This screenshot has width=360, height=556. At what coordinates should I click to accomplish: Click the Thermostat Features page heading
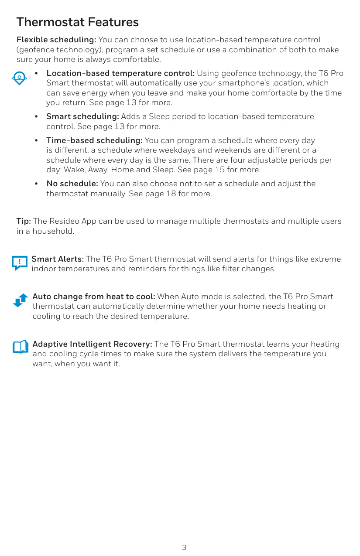(77, 22)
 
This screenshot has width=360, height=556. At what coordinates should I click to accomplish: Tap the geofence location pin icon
(19, 78)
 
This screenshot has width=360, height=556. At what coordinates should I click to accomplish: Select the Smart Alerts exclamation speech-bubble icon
(20, 263)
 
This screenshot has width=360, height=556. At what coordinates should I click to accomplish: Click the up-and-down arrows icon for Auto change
(21, 300)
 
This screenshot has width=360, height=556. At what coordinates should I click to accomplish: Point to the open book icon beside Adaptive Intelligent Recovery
(20, 347)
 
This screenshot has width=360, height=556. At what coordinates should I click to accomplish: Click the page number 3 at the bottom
(184, 547)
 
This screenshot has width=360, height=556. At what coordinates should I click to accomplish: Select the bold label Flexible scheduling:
(56, 40)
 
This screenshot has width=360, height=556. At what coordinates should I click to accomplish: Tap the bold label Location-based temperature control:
(120, 73)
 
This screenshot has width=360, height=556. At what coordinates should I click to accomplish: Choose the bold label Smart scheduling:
(82, 116)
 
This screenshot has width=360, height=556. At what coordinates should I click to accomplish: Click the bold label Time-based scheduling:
(94, 140)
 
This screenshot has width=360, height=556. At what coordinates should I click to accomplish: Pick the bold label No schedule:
(72, 184)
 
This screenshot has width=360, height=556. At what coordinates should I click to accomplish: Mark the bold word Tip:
(24, 221)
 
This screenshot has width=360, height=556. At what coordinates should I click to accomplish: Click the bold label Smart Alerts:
(58, 259)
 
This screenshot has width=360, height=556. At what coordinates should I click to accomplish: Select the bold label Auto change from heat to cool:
(94, 297)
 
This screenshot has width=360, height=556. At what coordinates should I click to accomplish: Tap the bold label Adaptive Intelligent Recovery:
(93, 344)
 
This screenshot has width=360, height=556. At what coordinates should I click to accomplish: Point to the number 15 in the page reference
(219, 170)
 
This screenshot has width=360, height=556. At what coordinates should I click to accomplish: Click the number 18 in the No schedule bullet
(171, 193)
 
